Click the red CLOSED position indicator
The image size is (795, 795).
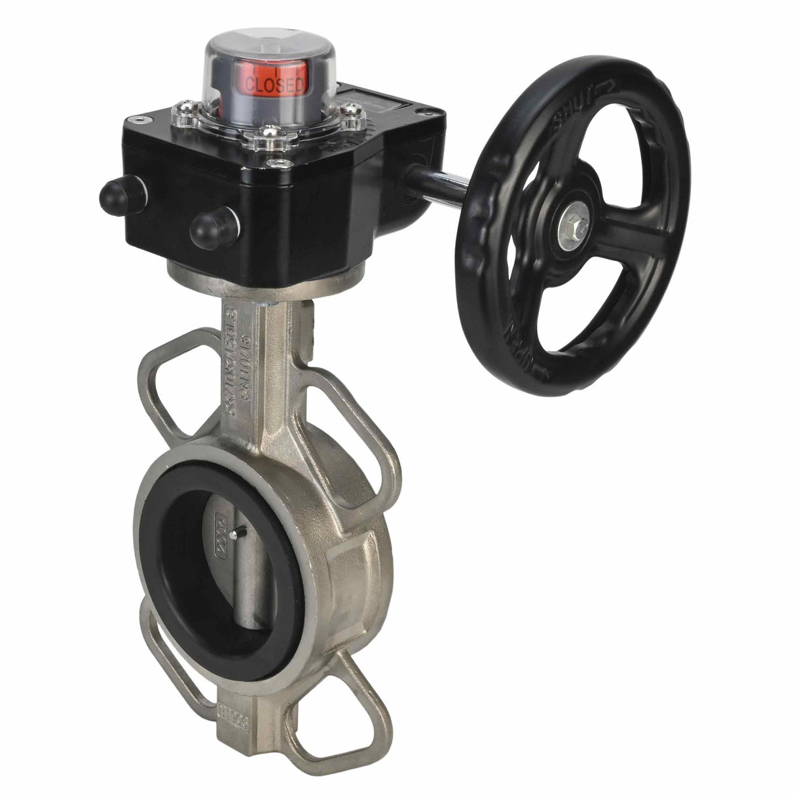coord(274,83)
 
